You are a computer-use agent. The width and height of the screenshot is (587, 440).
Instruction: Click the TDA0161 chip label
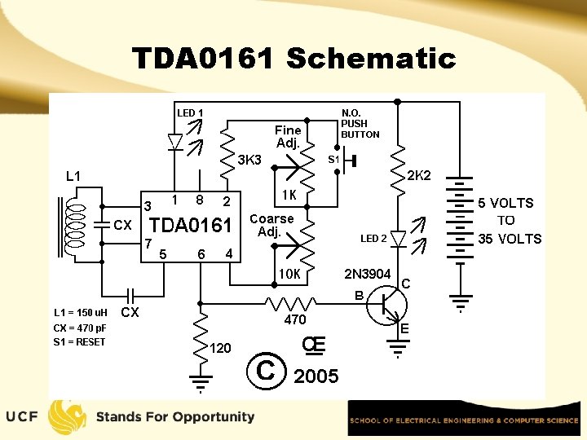(x=192, y=225)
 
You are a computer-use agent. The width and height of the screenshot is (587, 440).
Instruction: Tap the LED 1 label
(x=190, y=112)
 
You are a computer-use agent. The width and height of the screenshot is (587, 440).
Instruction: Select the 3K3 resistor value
(x=249, y=160)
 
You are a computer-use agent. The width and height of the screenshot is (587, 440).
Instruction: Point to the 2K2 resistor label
(x=419, y=175)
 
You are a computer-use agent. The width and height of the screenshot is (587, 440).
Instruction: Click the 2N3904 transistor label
(x=367, y=274)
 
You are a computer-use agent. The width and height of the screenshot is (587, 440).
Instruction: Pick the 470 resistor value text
(x=295, y=320)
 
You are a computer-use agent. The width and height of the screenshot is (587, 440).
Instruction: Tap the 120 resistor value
(x=221, y=348)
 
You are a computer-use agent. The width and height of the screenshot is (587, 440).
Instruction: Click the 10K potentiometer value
(x=289, y=274)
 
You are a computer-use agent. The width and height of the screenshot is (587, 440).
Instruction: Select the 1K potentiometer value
(x=288, y=196)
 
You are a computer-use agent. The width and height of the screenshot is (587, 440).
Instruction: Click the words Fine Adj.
(x=288, y=136)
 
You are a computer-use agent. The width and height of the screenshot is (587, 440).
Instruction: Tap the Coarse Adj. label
(x=271, y=225)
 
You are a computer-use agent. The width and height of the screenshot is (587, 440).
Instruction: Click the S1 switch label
(x=333, y=160)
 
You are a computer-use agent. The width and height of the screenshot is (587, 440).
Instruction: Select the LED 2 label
(x=373, y=239)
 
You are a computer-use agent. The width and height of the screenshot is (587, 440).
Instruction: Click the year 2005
(x=316, y=376)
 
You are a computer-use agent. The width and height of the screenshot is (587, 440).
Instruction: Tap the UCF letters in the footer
(x=21, y=417)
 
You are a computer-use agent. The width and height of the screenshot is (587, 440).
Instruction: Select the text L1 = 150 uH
(x=81, y=313)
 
